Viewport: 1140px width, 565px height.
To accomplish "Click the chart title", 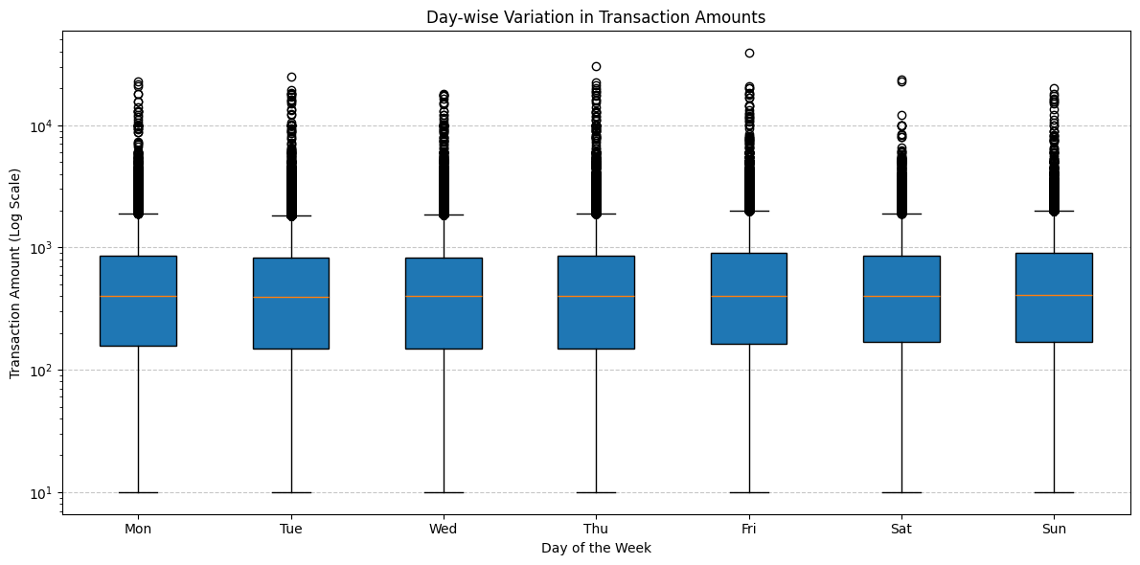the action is pos(596,17).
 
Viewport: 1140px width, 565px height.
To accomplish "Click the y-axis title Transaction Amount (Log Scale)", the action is pos(15,273).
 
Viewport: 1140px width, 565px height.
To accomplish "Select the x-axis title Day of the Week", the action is pos(596,548).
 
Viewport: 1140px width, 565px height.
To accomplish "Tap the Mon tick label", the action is pos(138,529).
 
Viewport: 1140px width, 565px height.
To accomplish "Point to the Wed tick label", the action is pos(444,529).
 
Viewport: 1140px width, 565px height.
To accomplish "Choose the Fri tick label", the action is pos(749,529).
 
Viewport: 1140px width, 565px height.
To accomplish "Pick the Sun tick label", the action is pos(1054,529).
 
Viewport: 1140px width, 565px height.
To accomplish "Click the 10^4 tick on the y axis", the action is pos(44,126).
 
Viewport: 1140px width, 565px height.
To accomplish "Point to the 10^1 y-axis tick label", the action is pos(44,493).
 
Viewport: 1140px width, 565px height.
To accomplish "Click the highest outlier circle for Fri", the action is pos(749,53).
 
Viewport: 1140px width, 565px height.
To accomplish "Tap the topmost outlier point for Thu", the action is pos(596,66).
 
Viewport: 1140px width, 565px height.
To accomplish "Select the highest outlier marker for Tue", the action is pos(291,77).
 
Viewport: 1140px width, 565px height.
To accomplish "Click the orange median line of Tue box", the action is pos(291,297).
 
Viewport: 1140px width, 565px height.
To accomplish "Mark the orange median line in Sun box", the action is pos(1054,295).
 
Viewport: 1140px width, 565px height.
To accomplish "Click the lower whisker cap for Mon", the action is pos(138,492).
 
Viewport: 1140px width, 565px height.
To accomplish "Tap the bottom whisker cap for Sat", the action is pos(901,492).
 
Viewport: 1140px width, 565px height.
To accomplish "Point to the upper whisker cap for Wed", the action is pos(444,215).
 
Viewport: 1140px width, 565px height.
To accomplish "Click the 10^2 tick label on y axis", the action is pos(44,371).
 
